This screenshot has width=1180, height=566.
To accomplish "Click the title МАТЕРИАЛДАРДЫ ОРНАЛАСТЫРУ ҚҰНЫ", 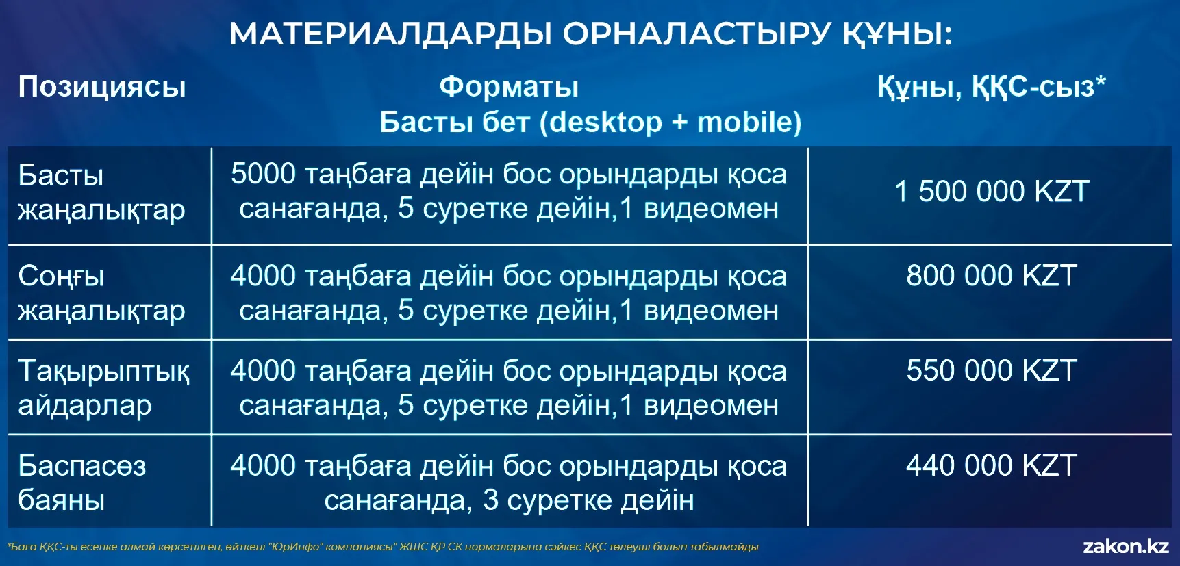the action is coord(590,34).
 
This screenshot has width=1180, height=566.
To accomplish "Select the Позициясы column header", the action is coord(102,88).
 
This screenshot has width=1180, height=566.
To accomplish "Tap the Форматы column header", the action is coord(509,87).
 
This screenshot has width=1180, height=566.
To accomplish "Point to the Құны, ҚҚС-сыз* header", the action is coord(991,87).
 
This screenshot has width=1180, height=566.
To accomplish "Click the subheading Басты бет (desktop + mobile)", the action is coord(590,123).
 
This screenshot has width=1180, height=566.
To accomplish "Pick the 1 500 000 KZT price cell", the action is coord(992,192).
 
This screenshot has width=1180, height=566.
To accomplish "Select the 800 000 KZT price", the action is coord(992,276).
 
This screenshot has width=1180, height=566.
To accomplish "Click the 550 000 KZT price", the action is coord(992,371).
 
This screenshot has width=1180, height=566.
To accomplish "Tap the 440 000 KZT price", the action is coord(992,466).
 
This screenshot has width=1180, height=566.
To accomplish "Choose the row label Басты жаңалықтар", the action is coord(101,193).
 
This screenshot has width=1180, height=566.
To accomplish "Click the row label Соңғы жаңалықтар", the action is coord(101,294).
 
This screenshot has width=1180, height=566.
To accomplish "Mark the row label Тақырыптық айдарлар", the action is coord(103,388).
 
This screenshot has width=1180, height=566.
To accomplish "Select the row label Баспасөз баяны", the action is coord(81,483).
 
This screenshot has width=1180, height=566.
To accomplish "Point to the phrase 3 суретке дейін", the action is coord(588,501).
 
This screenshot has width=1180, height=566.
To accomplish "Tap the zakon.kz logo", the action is coord(1126,546).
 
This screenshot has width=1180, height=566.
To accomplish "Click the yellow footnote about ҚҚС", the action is coord(383,547).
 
